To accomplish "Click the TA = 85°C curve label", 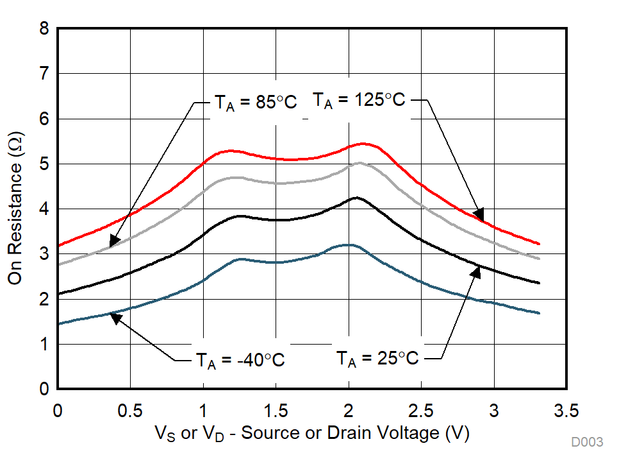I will pos(255,102).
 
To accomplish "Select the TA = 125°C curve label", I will pos(358,100).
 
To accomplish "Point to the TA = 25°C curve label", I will pos(377,358).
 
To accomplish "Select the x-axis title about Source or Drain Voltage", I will pos(312,433).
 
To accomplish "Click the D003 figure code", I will pos(587,443).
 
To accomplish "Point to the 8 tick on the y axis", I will pos(44,29).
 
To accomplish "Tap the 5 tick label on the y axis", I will pos(44,164).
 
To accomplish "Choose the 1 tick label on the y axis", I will pos(44,345).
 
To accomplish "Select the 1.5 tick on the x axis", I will pos(276,410).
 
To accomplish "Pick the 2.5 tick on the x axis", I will pos(421,410).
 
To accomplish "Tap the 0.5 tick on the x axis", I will pos(130,410).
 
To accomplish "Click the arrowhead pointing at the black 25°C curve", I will pos(475,271).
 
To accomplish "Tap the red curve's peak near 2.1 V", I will pos(363,143).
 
